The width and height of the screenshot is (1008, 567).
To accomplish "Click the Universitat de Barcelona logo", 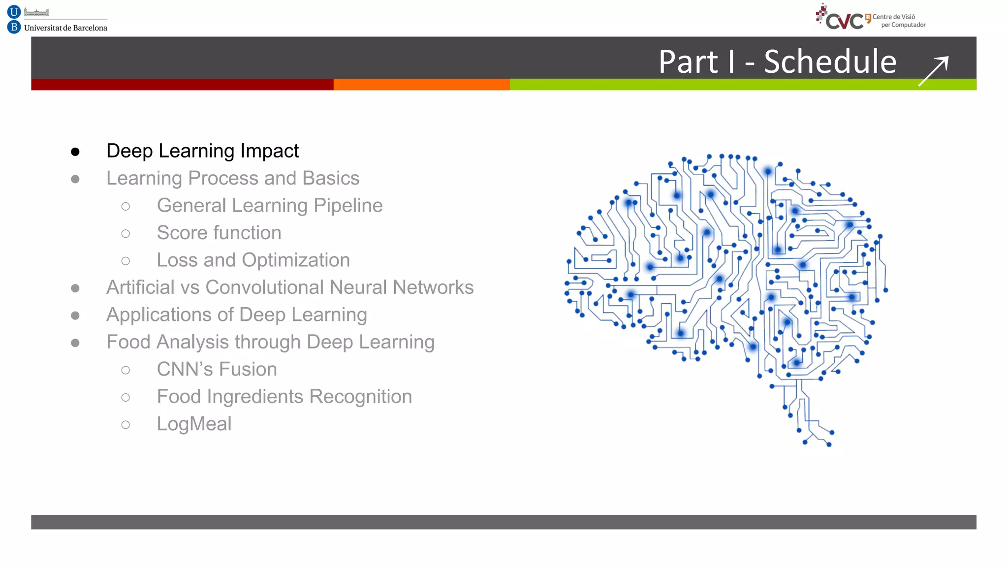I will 57,20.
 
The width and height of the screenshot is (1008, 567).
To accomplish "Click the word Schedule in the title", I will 830,62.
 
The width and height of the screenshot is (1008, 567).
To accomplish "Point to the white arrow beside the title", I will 933,71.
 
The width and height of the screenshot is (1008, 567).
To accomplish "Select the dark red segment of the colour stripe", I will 182,84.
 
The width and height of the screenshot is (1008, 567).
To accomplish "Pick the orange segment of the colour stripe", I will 421,84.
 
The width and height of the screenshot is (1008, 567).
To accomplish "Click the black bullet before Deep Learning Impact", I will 75,152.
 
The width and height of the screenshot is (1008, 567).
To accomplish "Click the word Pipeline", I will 348,206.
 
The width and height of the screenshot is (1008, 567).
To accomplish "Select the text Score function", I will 219,233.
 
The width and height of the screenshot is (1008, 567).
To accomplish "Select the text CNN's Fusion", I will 217,370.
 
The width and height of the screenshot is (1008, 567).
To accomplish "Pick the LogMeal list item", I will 194,424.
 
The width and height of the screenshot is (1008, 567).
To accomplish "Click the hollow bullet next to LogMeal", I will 126,425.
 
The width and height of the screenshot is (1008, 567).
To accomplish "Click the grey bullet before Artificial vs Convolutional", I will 75,288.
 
